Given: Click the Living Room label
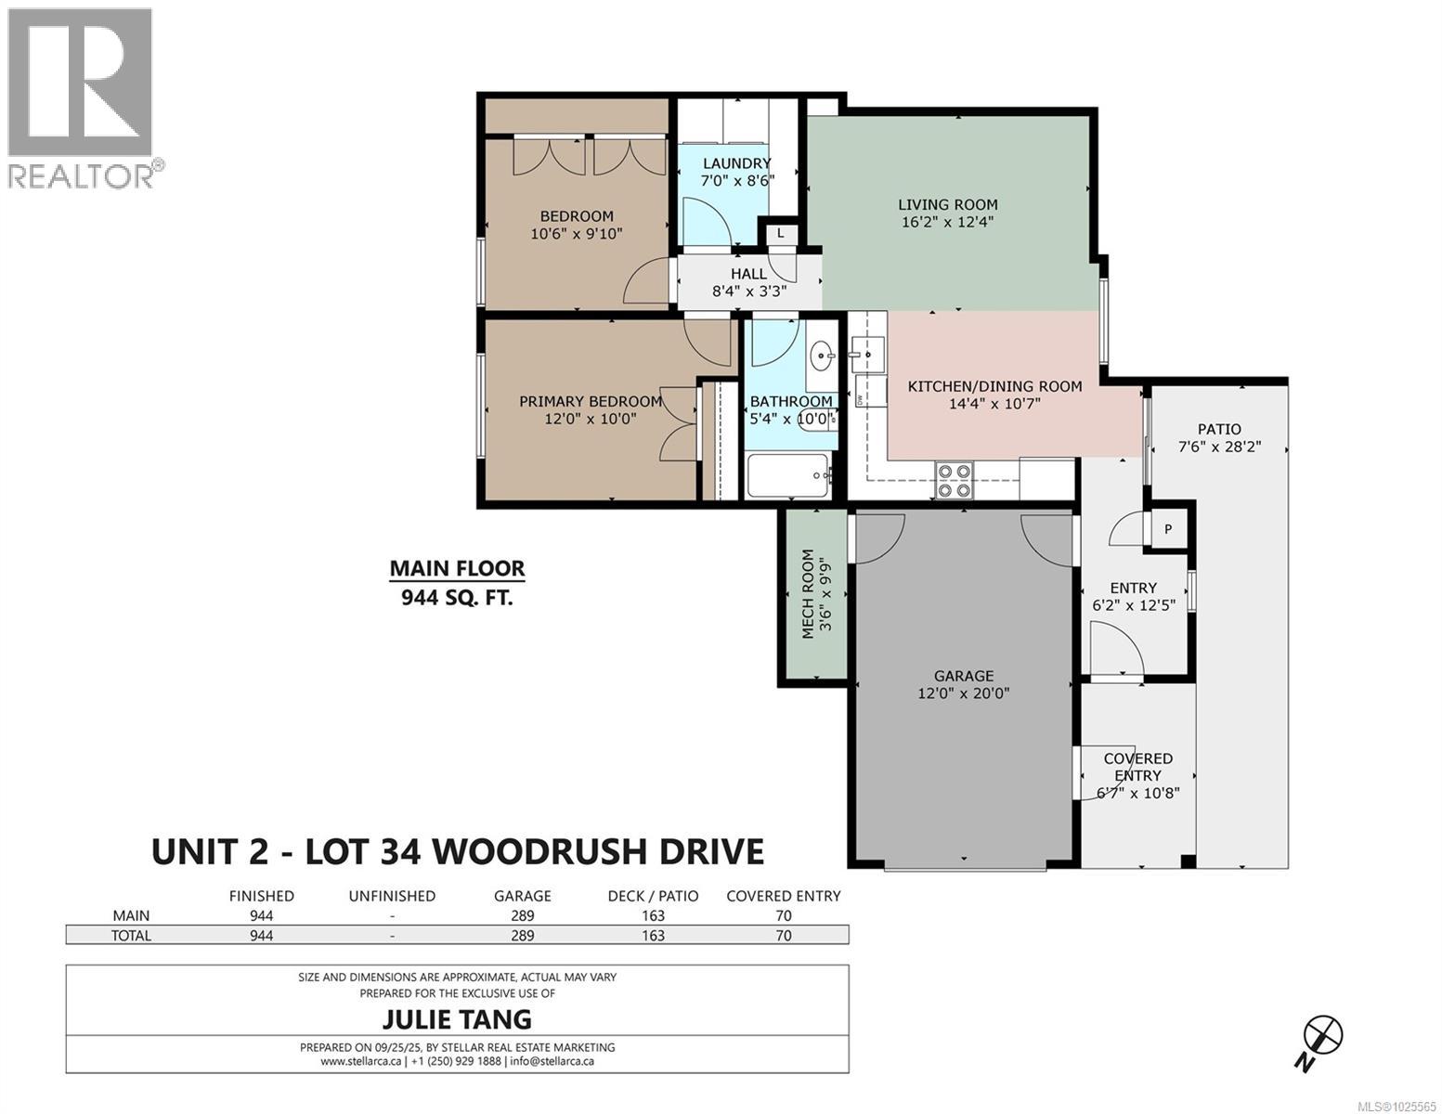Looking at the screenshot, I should click(947, 204).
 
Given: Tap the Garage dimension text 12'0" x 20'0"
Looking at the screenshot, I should click(964, 693).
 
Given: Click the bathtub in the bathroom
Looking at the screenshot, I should click(789, 476).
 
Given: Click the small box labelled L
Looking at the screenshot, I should click(781, 234).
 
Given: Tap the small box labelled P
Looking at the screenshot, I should click(1168, 529).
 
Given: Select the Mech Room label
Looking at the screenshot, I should click(808, 594).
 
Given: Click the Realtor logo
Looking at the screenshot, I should click(81, 97).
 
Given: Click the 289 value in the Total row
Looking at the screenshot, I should click(523, 936).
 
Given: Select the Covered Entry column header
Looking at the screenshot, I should click(783, 896).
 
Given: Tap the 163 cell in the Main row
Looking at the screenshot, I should click(653, 915).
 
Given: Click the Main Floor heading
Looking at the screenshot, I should click(457, 568).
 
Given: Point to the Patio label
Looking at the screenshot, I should click(1218, 429).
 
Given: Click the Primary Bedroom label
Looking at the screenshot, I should click(591, 401).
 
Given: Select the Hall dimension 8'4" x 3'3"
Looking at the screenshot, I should click(749, 291).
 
